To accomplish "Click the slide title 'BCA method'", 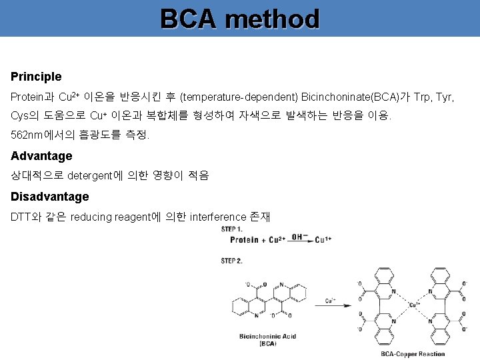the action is point(240,19).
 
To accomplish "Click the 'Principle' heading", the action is point(36,77).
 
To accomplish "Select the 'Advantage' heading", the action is point(41,156).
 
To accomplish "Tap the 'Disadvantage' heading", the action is point(50,197).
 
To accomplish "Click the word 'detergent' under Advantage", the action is point(93,176).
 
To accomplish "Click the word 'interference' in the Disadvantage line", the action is point(217,217).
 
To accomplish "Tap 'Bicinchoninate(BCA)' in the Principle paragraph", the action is point(352,97).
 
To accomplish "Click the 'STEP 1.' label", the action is point(233,229).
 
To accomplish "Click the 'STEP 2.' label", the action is point(233,260).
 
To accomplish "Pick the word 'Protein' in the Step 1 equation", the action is point(244,240).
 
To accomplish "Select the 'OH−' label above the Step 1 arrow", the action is point(300,235).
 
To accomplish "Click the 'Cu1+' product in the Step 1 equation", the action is point(325,240).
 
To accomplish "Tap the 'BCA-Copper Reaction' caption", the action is point(413,353).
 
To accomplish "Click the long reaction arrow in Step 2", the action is point(330,307).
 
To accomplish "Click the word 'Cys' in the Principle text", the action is point(19,116).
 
